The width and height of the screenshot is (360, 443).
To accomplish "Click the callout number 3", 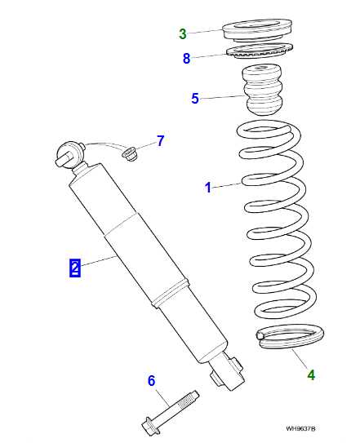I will (x=184, y=33).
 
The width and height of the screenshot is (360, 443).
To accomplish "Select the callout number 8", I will (x=187, y=58).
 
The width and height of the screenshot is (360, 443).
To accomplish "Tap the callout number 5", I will (x=195, y=99).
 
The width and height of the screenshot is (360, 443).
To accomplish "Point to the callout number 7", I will (x=161, y=141).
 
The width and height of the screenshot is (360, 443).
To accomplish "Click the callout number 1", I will (x=207, y=188).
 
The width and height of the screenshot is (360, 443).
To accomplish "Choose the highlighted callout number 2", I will (x=74, y=267).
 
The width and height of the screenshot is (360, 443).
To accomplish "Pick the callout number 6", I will (x=151, y=380).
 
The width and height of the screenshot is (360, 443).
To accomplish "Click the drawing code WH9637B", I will (x=300, y=427).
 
